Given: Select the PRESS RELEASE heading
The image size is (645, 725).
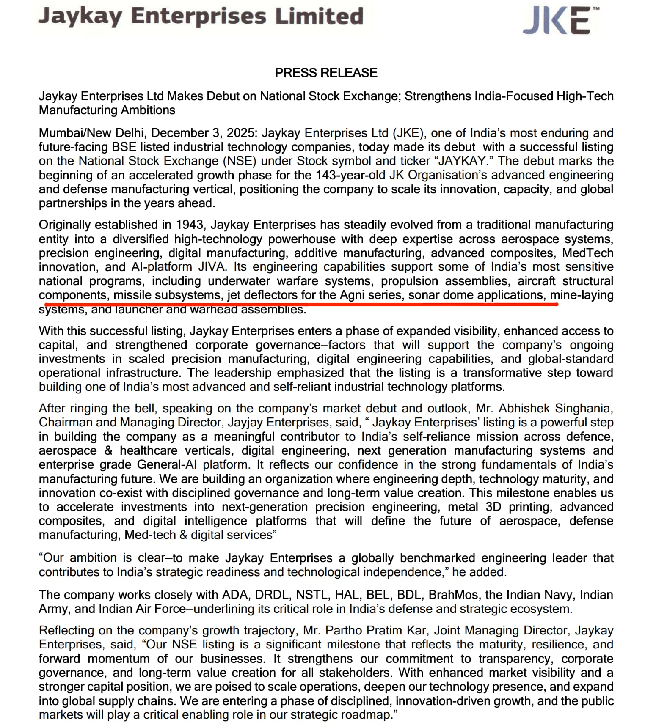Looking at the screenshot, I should (326, 73).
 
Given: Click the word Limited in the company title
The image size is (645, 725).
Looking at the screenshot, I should (319, 16).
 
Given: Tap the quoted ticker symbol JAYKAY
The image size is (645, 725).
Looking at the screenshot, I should (464, 161).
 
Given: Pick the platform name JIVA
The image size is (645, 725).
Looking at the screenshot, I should (212, 267).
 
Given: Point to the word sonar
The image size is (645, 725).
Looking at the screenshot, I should (424, 295).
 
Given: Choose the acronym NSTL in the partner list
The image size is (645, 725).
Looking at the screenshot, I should (312, 595).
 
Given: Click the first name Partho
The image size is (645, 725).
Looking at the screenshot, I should (344, 630).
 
